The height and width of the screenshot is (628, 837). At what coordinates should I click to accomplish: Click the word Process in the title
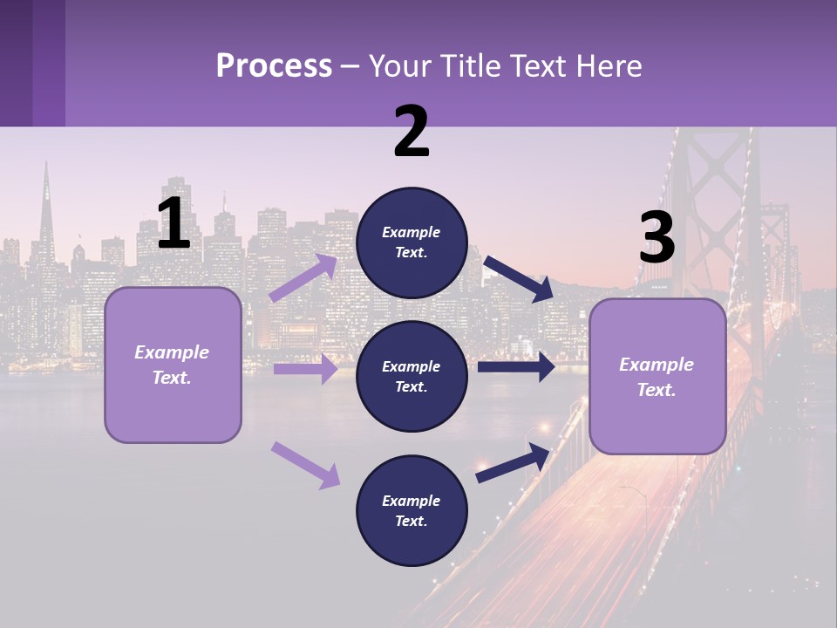tap(274, 66)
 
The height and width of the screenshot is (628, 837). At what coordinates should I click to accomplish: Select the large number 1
tap(174, 224)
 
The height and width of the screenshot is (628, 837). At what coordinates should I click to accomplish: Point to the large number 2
tap(412, 133)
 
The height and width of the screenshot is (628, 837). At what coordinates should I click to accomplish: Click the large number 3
tap(657, 239)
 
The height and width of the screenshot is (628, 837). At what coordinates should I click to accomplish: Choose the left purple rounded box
tap(173, 365)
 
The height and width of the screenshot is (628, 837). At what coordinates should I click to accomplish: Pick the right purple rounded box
tap(657, 377)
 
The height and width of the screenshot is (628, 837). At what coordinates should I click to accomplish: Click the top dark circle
tap(412, 242)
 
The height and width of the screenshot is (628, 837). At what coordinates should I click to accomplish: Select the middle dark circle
tap(412, 377)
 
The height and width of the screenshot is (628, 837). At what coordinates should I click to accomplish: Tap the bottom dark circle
tap(412, 511)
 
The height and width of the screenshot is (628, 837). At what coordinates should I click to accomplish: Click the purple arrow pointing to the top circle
tap(303, 278)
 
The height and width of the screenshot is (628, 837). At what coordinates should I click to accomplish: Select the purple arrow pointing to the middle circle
tap(305, 369)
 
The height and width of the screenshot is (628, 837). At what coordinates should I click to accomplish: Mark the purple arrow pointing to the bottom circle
tap(305, 464)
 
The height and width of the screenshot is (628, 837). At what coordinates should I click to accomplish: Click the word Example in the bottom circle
tap(412, 501)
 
